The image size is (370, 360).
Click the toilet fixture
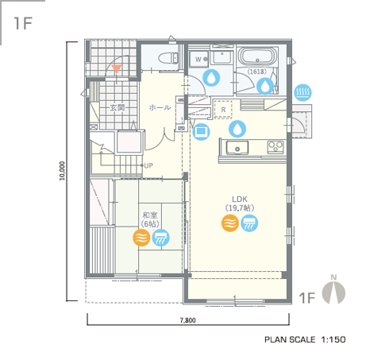pos(168,58)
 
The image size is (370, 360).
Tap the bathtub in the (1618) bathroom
pos(256,56)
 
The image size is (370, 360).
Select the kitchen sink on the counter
pos(237,148)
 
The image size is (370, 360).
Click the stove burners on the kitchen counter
pos(276,147)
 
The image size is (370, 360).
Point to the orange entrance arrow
pos(117,69)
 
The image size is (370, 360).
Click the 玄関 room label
pos(118,107)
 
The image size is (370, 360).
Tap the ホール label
pos(160,107)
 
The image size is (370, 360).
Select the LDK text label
pos(240,199)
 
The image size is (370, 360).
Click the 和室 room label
pos(150,215)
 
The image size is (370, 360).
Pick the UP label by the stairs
pos(148,166)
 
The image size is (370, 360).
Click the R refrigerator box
pos(223,110)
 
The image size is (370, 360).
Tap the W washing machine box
pos(199,60)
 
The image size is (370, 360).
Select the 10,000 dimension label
pos(62,171)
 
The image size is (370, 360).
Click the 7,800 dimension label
pos(188,320)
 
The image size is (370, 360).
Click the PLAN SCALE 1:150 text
pos(305,339)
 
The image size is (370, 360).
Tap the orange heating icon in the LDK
pos(230,223)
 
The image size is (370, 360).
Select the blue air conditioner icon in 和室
pos(161,238)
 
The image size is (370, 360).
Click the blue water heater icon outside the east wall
pos(303,92)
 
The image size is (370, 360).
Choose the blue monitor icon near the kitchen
pos(202,131)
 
